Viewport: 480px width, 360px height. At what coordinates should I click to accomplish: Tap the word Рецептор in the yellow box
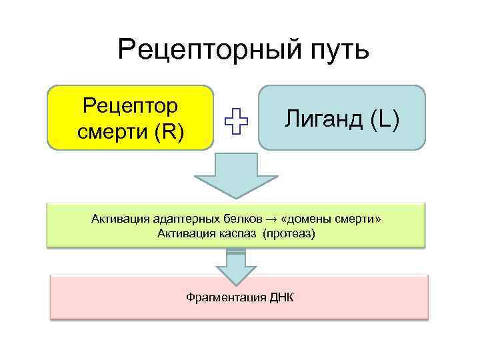coord(131,105)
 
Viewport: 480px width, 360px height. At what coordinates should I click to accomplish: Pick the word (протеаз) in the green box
coord(289,233)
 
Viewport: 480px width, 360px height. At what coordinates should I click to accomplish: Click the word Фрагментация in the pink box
coord(222,296)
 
